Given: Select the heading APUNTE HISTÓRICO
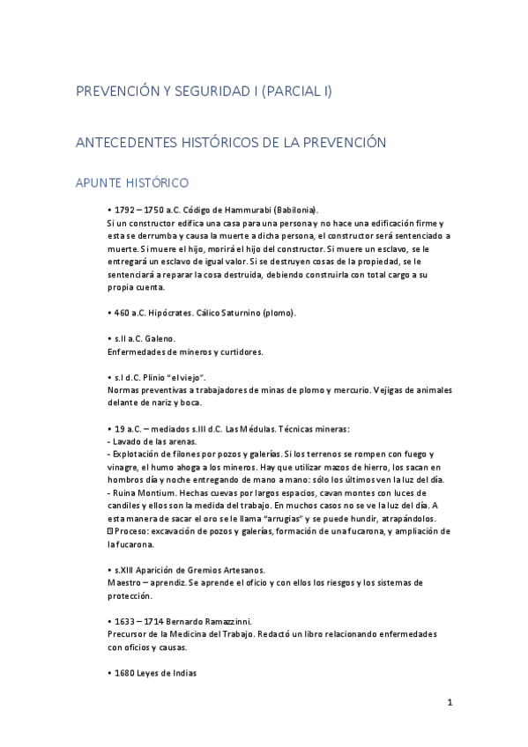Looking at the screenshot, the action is pos(131,183).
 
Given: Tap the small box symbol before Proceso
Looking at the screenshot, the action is pos(108,531).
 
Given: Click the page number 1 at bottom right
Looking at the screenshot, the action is pos(450,703).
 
